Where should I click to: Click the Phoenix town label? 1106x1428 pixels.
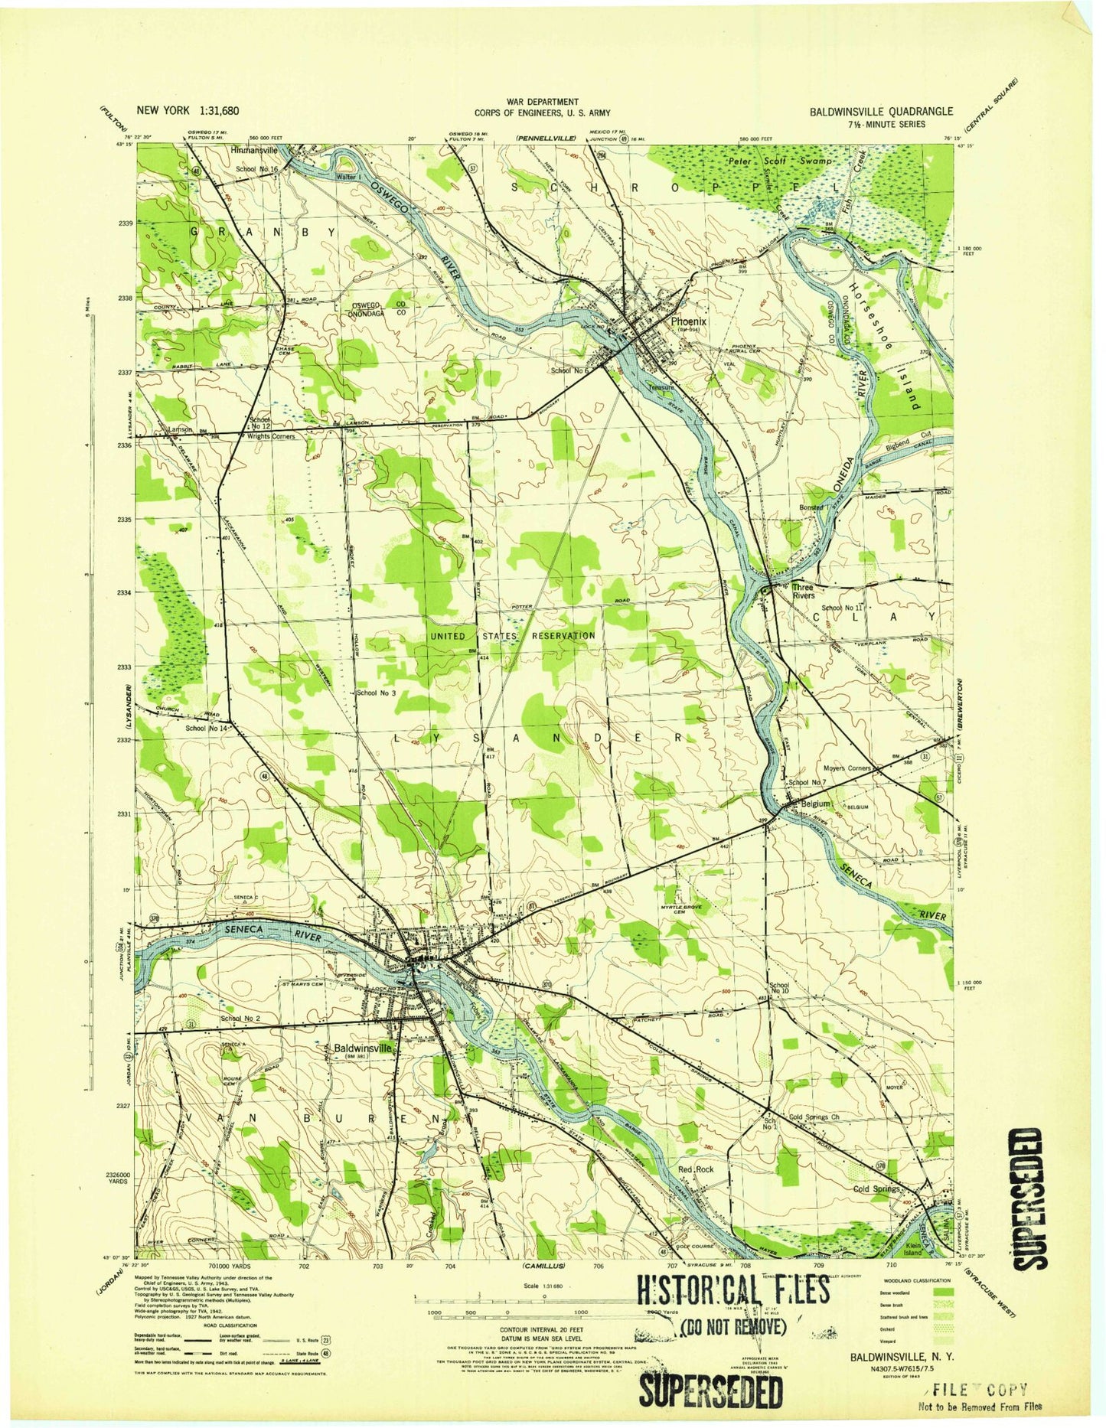click(x=688, y=323)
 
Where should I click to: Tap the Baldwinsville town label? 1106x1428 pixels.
click(x=364, y=1048)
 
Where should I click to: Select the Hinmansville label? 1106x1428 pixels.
click(x=253, y=151)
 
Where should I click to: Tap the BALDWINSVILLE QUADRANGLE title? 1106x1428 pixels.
click(x=881, y=111)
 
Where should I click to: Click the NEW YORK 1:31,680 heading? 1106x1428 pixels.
click(x=188, y=110)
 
